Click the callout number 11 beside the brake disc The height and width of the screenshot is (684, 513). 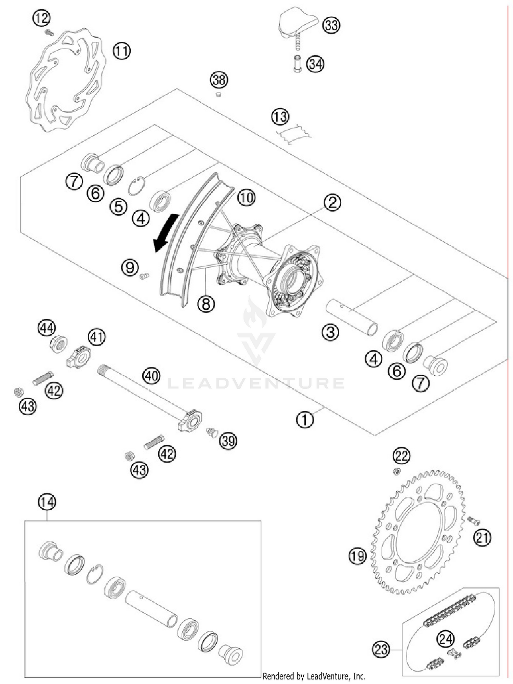122,51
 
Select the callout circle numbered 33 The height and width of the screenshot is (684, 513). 331,25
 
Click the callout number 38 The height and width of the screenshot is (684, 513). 219,80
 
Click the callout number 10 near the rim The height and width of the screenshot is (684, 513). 246,198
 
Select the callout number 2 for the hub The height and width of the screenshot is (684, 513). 332,203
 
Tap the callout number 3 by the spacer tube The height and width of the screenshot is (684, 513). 330,332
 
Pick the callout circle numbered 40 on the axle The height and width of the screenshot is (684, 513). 152,376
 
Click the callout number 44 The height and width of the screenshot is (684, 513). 47,328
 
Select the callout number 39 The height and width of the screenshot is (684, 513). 228,441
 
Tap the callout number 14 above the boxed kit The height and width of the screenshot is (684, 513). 47,502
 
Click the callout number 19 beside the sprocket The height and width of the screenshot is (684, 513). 357,556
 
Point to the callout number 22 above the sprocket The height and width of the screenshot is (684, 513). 402,456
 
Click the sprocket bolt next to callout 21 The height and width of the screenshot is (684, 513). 474,521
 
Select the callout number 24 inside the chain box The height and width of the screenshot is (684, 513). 446,639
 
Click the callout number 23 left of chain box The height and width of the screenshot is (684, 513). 381,649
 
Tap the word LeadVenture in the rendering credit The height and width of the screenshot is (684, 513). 329,676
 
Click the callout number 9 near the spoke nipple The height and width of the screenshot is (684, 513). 130,267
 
